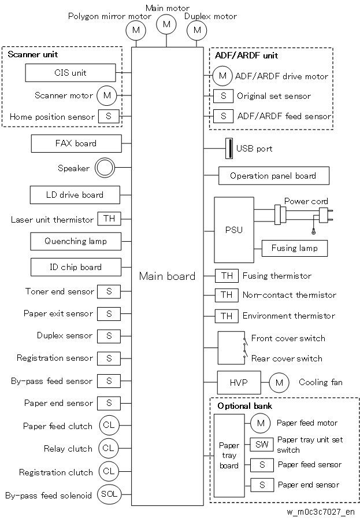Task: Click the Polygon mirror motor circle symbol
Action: point(135,30)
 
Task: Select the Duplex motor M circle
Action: point(196,30)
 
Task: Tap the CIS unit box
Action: point(70,73)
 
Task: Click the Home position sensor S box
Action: point(109,116)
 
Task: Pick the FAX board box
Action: point(76,143)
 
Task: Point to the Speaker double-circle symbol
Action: point(105,168)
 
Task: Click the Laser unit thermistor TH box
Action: point(109,219)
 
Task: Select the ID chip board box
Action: point(76,267)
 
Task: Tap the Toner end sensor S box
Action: point(109,292)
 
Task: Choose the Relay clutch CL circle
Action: point(108,448)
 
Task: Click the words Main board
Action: point(167,276)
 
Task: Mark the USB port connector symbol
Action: point(229,149)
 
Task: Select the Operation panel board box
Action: point(274,176)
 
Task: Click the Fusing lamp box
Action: point(295,248)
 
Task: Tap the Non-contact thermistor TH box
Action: point(227,295)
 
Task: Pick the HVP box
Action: point(239,382)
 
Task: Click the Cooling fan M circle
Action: point(279,383)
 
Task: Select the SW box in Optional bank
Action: point(262,445)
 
